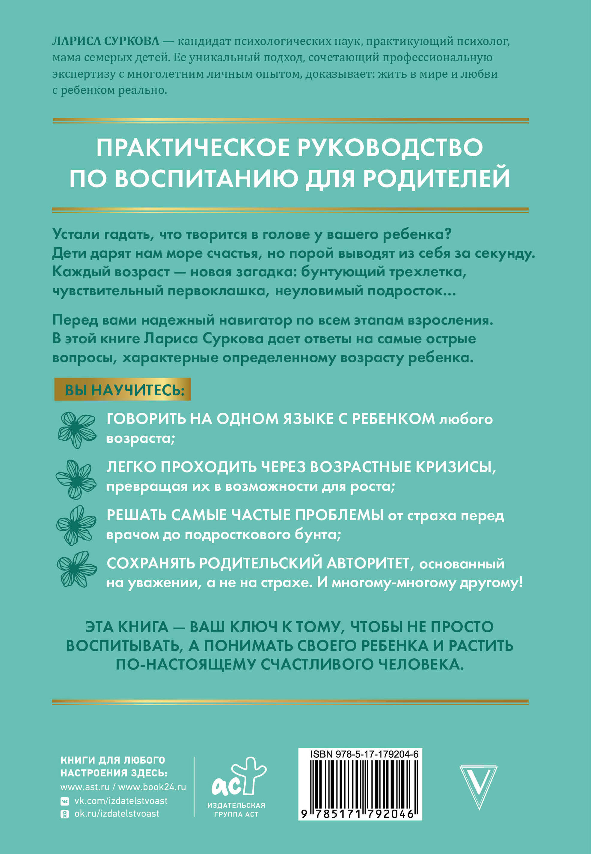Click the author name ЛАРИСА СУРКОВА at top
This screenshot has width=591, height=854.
pos(105,41)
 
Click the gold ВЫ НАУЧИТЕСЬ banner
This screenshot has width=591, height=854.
pos(123,389)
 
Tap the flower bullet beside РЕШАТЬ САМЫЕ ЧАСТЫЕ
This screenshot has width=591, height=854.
pos(76,525)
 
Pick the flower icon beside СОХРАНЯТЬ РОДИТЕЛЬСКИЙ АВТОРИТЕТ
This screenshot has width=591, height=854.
pos(77,569)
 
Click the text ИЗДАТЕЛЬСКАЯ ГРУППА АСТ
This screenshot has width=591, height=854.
pos(236,810)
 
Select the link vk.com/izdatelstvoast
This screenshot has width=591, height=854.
pos(121,801)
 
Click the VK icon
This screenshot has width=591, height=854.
pos(64,802)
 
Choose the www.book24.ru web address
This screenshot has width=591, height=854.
pos(152,787)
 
